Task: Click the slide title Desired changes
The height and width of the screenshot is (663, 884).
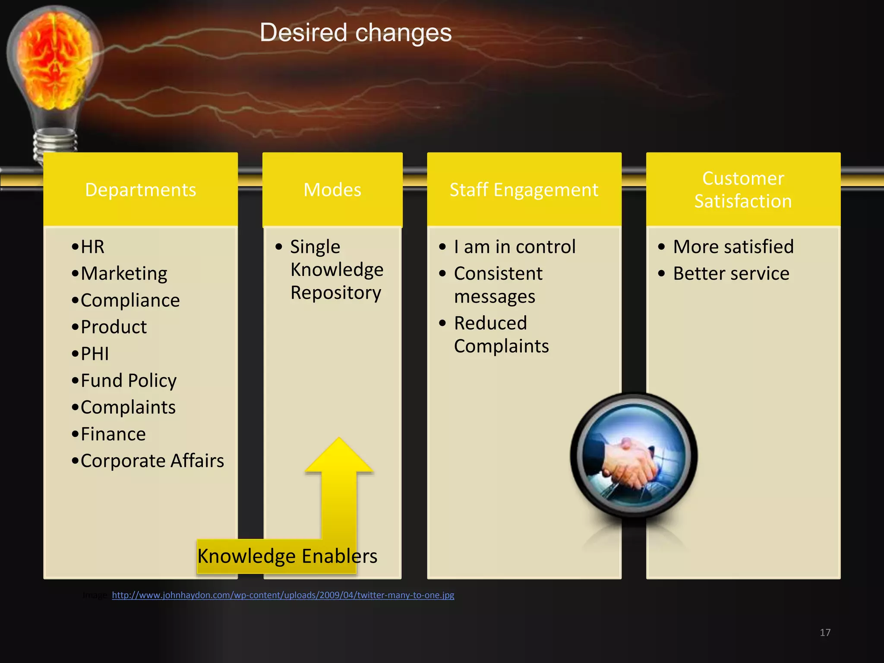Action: click(x=356, y=33)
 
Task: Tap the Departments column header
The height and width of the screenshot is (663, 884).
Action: click(x=141, y=190)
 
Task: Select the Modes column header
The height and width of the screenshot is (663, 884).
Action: click(x=332, y=190)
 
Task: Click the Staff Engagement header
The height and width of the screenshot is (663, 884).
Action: click(x=524, y=190)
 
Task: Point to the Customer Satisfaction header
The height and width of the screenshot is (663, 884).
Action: click(x=743, y=190)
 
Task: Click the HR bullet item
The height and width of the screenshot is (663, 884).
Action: click(x=92, y=247)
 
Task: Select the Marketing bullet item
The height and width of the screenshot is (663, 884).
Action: click(x=124, y=274)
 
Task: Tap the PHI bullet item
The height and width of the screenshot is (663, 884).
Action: click(x=95, y=354)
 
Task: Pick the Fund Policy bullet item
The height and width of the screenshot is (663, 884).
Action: click(x=129, y=381)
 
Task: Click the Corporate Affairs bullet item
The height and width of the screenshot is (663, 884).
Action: click(x=152, y=461)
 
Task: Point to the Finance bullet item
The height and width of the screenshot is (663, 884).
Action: click(x=113, y=434)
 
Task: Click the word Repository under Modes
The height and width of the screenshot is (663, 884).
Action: click(x=336, y=293)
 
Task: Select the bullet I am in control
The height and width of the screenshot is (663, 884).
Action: click(x=515, y=247)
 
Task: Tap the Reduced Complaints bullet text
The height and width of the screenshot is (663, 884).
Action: click(x=501, y=335)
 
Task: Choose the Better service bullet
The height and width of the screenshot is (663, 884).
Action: click(x=731, y=274)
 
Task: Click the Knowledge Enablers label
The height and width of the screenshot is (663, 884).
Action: click(x=287, y=556)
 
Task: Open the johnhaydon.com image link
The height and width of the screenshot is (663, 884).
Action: click(x=283, y=595)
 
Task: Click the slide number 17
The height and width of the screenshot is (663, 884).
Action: click(x=825, y=632)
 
